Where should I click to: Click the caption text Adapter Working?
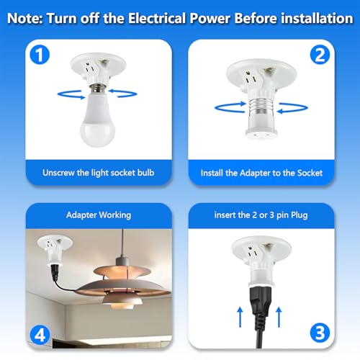[94, 215]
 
